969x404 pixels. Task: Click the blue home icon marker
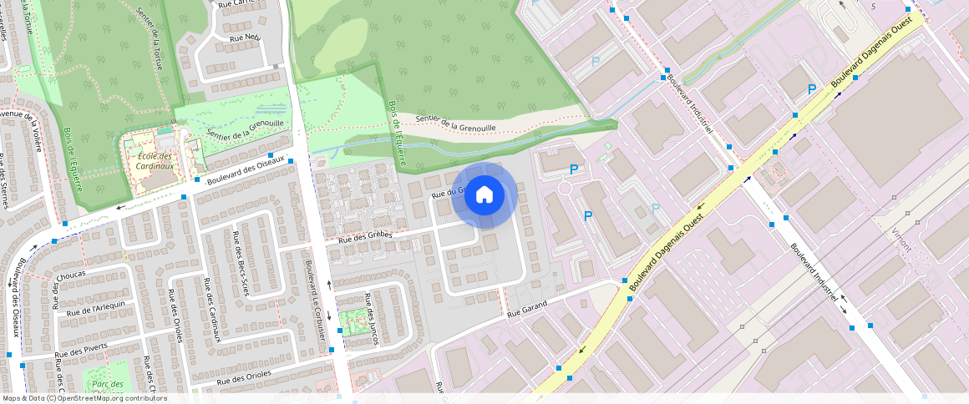tap(484, 195)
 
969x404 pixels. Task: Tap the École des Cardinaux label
tap(155, 160)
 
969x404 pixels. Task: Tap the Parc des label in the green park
tap(109, 385)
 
